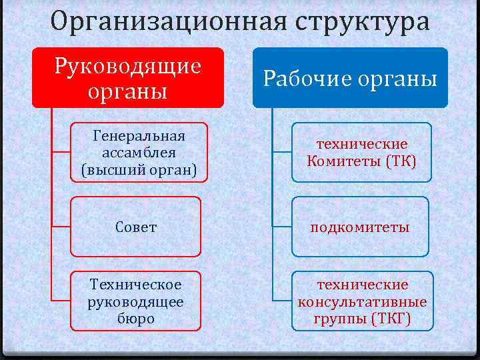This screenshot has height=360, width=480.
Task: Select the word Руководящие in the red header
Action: tap(128, 66)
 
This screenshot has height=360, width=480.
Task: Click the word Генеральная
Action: tap(139, 137)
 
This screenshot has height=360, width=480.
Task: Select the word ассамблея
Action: tap(139, 153)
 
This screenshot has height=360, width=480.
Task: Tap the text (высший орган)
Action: tap(139, 169)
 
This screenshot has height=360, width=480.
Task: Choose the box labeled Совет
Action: tap(136, 227)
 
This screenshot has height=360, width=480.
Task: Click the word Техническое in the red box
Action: tap(136, 285)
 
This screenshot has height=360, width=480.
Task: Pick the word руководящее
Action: tap(136, 301)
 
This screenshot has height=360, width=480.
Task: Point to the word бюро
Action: tap(136, 318)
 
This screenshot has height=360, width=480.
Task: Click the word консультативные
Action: tap(362, 301)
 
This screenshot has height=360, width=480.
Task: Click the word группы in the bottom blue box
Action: tap(338, 318)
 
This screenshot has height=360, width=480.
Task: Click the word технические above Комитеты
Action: tap(362, 144)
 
